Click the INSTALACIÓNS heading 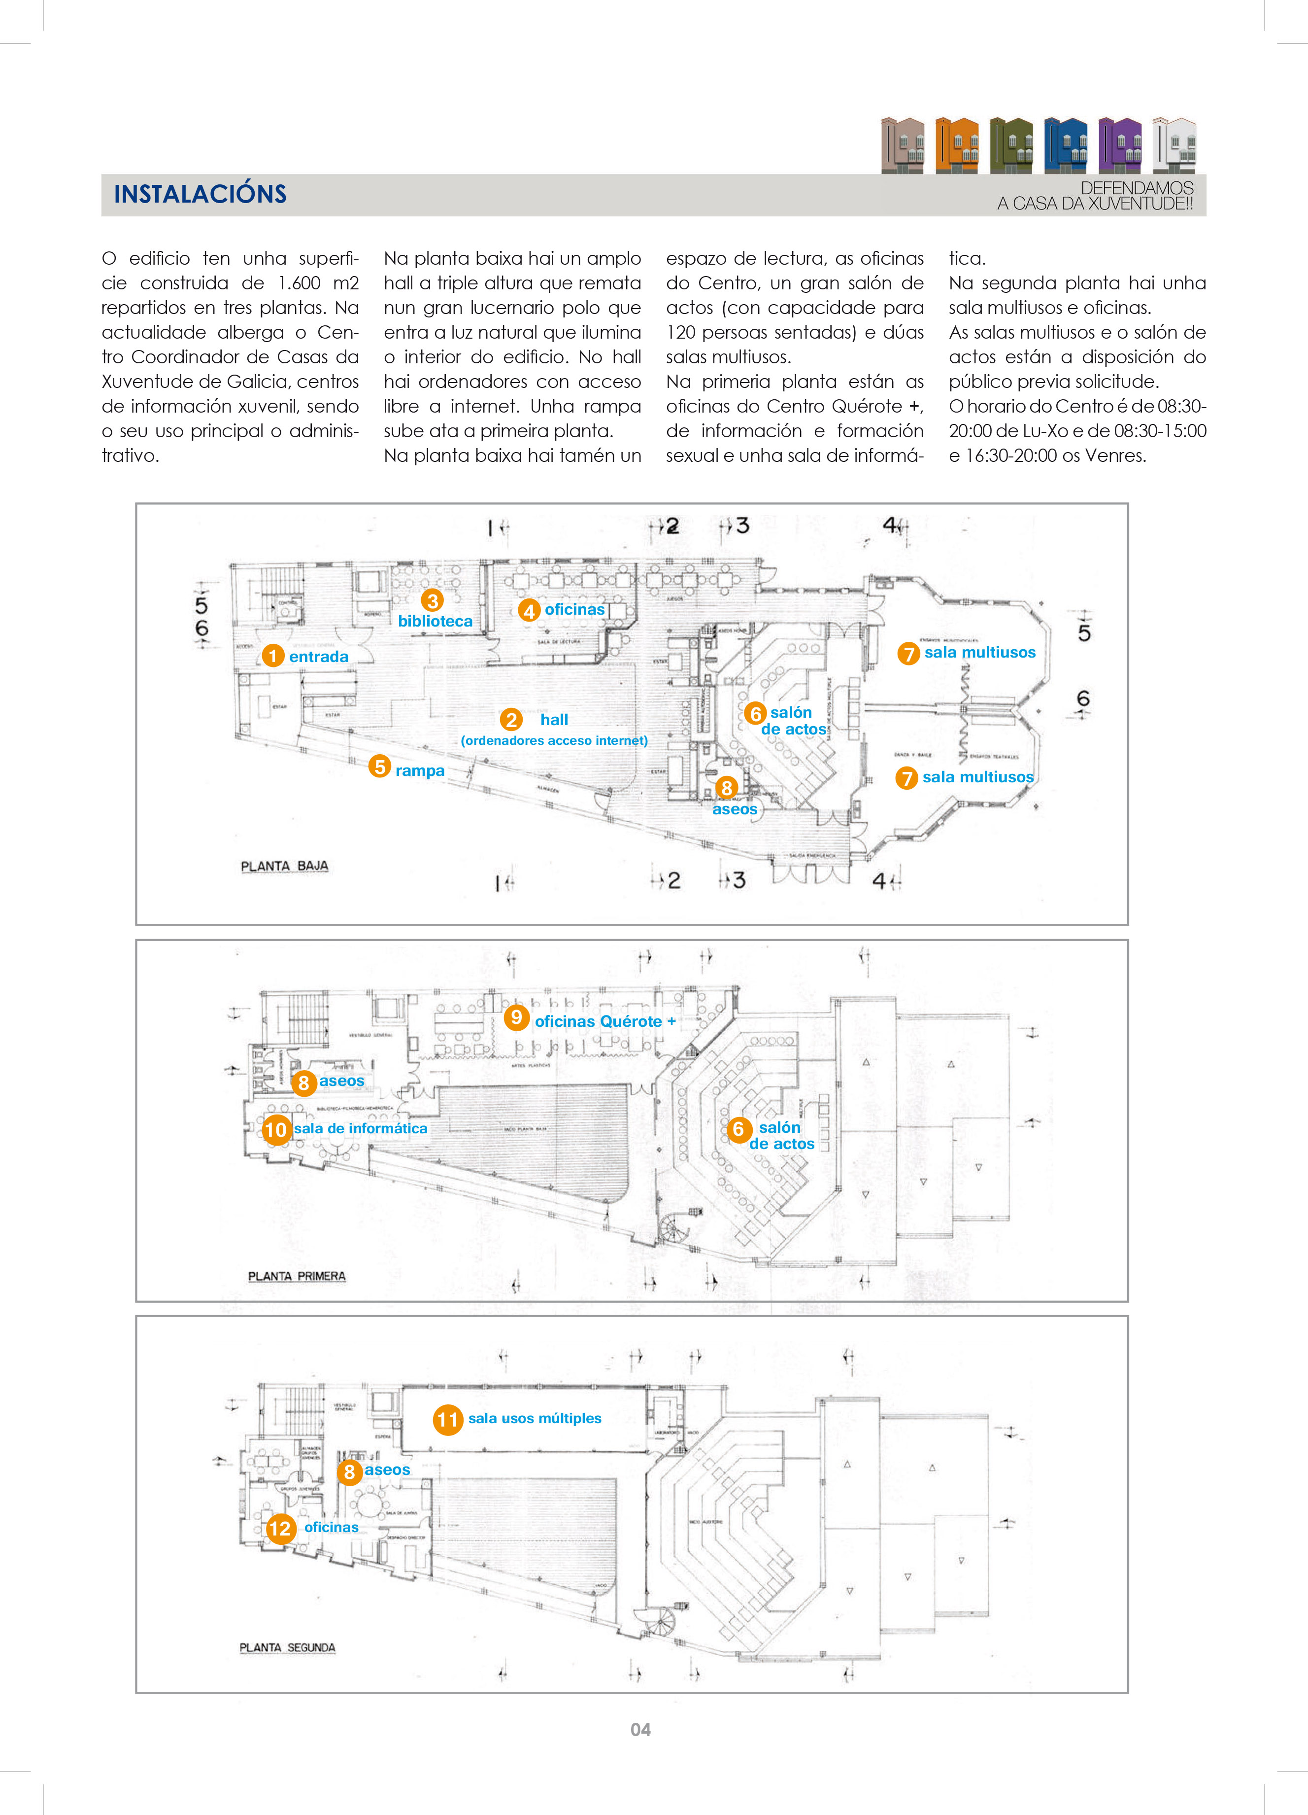point(200,194)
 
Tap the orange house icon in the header point(957,145)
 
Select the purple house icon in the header point(1120,145)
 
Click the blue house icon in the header point(1066,145)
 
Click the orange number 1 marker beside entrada point(273,656)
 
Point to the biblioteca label point(435,621)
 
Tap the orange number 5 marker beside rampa point(380,767)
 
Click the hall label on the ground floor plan point(554,719)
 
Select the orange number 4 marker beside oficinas point(529,611)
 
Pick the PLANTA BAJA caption point(285,866)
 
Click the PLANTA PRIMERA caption point(297,1276)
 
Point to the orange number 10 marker point(275,1129)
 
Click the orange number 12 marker point(280,1529)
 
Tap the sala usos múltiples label point(535,1418)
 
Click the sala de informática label point(361,1128)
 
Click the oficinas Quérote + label point(605,1021)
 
